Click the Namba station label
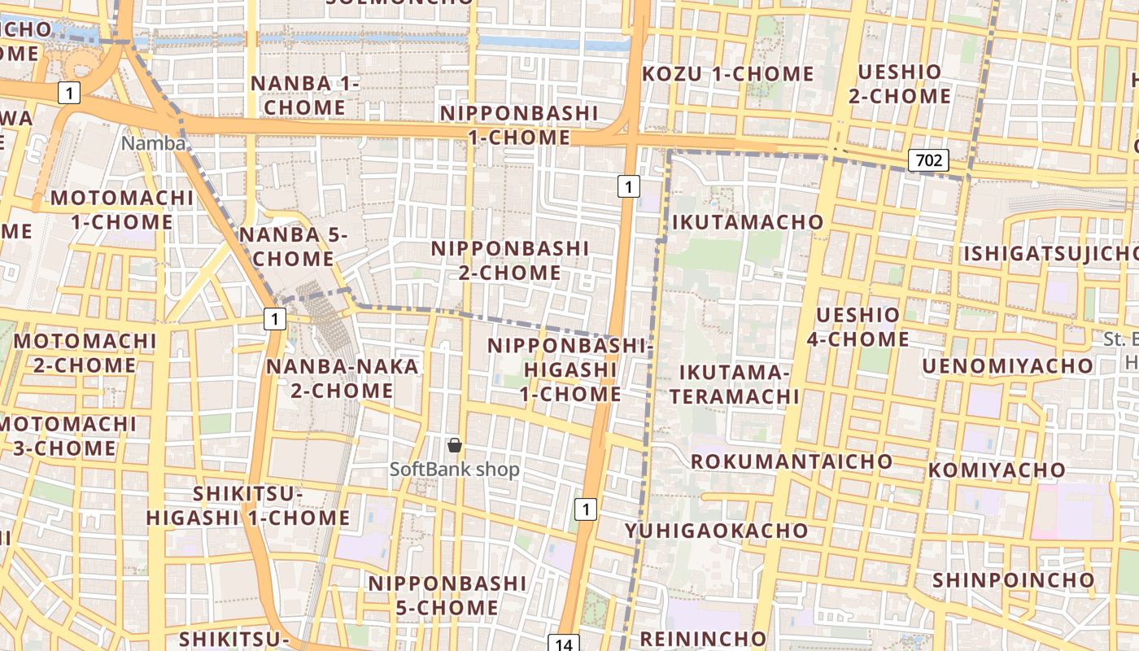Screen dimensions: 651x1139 [154, 144]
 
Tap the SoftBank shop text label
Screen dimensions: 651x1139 [454, 470]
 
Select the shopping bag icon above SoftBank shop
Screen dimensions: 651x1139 [455, 445]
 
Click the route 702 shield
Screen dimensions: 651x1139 [928, 160]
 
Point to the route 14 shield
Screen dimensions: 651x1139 [564, 644]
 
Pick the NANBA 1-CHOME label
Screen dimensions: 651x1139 [304, 95]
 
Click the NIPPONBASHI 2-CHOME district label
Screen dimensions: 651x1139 [509, 260]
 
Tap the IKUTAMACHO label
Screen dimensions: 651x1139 [748, 221]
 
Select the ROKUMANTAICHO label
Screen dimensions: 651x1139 [792, 461]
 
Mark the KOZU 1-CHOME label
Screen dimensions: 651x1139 [728, 74]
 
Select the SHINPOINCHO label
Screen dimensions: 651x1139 [1013, 580]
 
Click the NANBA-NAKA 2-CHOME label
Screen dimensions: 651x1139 [343, 378]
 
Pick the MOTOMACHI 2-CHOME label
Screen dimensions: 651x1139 [85, 352]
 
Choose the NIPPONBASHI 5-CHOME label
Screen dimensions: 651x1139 [447, 595]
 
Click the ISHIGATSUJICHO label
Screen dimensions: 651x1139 [1050, 254]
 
